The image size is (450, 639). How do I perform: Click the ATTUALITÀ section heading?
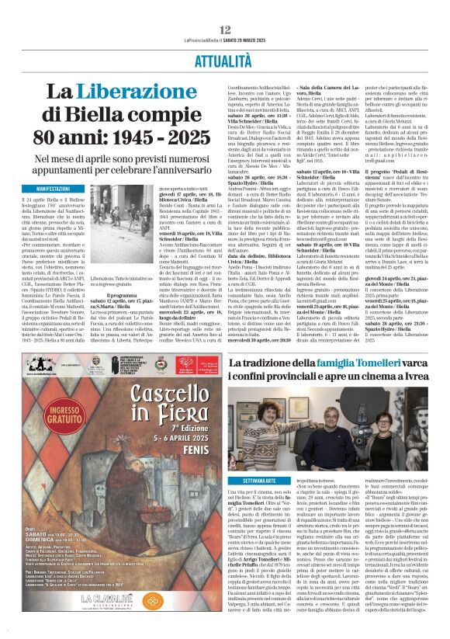click(x=225, y=58)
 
